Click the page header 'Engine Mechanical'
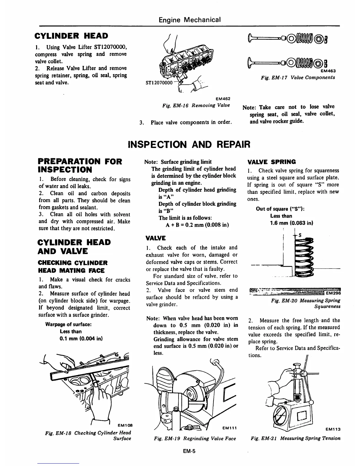click(189, 20)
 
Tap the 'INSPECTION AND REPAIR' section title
click(189, 144)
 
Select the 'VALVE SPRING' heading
click(271, 162)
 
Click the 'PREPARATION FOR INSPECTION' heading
click(80, 165)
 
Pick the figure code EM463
click(328, 71)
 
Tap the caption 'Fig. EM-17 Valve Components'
click(298, 78)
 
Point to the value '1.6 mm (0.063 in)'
click(291, 223)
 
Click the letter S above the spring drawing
click(300, 235)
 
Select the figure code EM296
click(333, 293)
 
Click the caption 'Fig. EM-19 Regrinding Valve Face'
click(195, 438)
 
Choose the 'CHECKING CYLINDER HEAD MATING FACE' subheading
click(73, 267)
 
